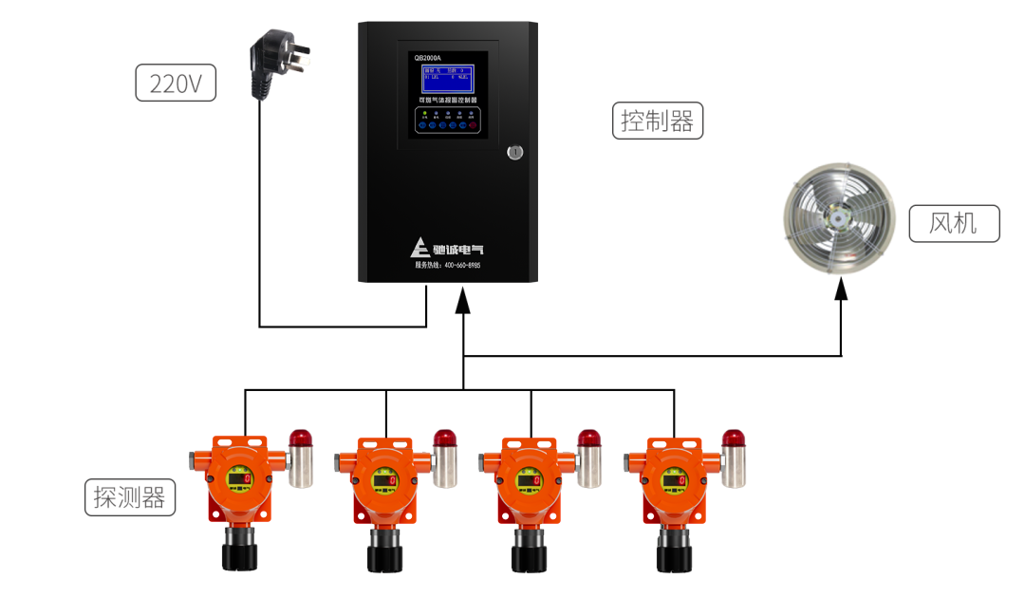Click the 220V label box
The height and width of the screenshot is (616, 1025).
coord(177,84)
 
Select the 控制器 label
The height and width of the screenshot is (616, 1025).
coord(658,121)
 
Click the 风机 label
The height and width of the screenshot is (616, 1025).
coord(953,224)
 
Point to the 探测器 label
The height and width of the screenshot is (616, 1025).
coord(130,496)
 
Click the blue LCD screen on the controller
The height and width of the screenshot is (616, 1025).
coord(447,78)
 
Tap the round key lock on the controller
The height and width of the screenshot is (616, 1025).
coord(513,152)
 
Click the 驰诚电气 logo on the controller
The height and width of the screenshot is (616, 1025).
coord(447,249)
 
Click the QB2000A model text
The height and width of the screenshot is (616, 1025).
coord(428,58)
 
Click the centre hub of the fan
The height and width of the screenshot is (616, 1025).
coord(838,217)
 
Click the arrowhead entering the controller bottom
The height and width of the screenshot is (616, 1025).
coord(463,300)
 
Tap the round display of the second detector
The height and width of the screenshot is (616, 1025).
coord(384,480)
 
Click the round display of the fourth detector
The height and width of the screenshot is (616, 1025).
coord(673,480)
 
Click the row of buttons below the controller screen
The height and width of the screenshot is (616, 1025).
coord(447,124)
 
